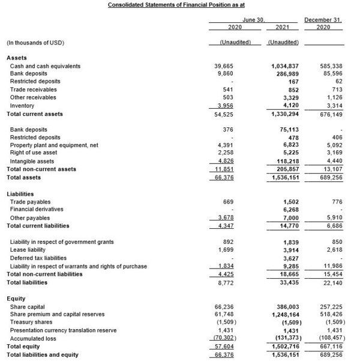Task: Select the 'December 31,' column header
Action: (x=323, y=20)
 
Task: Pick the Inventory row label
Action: (x=20, y=105)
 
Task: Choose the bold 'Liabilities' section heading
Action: (x=22, y=194)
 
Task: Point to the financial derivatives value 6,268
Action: (x=290, y=210)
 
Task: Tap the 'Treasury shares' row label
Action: (x=31, y=322)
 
